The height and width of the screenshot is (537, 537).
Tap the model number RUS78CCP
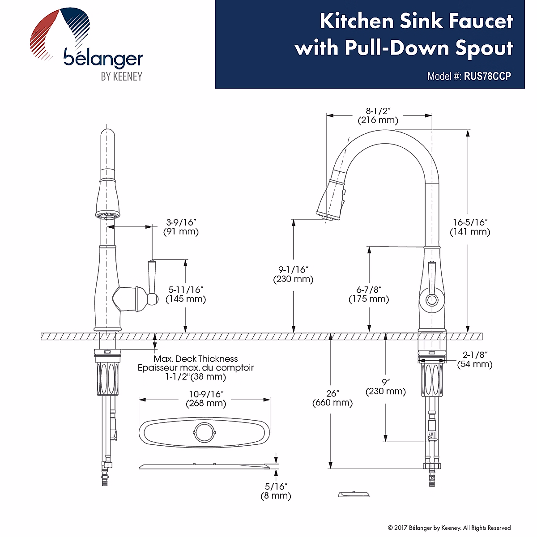pyautogui.click(x=487, y=76)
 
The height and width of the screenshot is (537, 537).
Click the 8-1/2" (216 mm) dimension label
pyautogui.click(x=378, y=115)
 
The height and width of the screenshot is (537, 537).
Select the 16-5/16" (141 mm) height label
pyautogui.click(x=469, y=227)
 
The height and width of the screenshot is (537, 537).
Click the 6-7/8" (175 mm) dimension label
pyautogui.click(x=369, y=294)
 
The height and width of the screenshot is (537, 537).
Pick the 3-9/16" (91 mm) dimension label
pyautogui.click(x=182, y=227)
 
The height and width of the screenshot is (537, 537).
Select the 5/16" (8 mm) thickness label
pyautogui.click(x=276, y=491)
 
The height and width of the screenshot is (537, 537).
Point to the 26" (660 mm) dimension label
pyautogui.click(x=332, y=398)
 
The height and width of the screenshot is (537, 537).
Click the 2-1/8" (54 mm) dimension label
pyautogui.click(x=475, y=360)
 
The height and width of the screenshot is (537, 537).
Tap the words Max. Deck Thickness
pyautogui.click(x=196, y=359)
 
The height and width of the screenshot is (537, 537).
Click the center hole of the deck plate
pyautogui.click(x=205, y=432)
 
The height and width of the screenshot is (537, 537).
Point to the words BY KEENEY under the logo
pyautogui.click(x=121, y=77)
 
